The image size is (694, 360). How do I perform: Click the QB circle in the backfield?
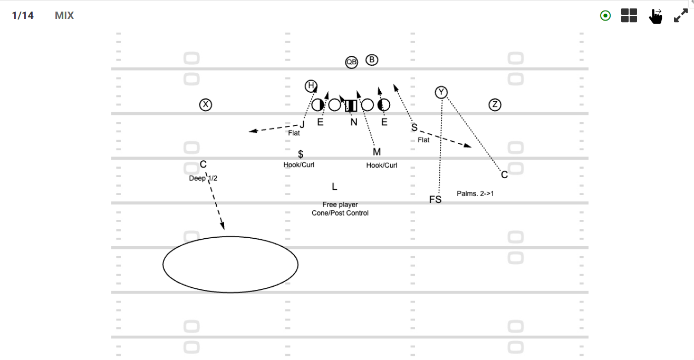pos(351,62)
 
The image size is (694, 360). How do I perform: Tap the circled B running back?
pos(372,60)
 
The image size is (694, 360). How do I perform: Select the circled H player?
pos(311,86)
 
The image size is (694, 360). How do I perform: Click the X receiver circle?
pos(206,104)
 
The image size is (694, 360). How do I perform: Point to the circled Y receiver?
pos(441,92)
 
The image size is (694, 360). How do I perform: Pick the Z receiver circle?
pos(495,104)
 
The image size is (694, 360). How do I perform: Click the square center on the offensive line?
pos(351,105)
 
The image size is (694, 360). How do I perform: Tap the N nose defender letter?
pos(354,122)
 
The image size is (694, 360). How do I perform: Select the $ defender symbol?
pos(301,154)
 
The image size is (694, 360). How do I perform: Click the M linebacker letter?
pos(377,152)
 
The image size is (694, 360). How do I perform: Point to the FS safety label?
pos(435,200)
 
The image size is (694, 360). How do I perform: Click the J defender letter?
pos(302,125)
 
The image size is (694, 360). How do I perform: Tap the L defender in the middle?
pos(334,187)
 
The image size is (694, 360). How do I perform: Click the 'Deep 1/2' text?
pos(203,178)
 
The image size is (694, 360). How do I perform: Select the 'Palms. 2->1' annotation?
pos(475,193)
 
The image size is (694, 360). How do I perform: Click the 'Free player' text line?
pos(340,205)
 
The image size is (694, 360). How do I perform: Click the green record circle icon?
pos(605,15)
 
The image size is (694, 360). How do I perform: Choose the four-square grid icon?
pos(629,15)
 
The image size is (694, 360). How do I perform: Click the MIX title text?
pos(64,15)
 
